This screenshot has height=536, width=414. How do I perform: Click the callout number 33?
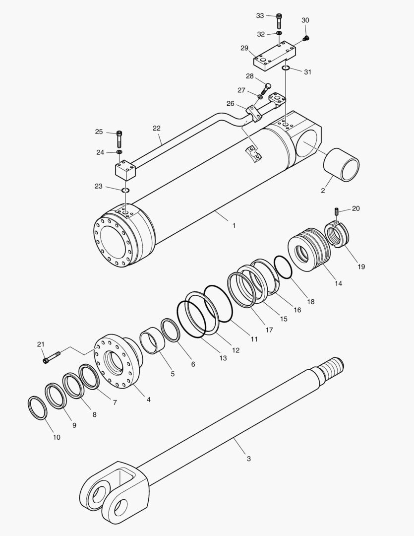(x=260, y=16)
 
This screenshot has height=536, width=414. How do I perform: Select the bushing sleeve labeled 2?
(x=341, y=165)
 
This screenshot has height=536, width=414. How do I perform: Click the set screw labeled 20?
(x=336, y=212)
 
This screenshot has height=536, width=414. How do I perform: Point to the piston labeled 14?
(x=310, y=248)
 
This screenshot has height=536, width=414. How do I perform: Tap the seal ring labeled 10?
(x=37, y=408)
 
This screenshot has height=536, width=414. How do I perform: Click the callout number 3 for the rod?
(x=249, y=459)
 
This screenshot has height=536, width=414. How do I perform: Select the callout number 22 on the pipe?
(x=157, y=128)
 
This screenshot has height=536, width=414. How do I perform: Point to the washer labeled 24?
(x=119, y=151)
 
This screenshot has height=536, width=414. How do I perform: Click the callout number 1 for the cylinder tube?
(x=234, y=225)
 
